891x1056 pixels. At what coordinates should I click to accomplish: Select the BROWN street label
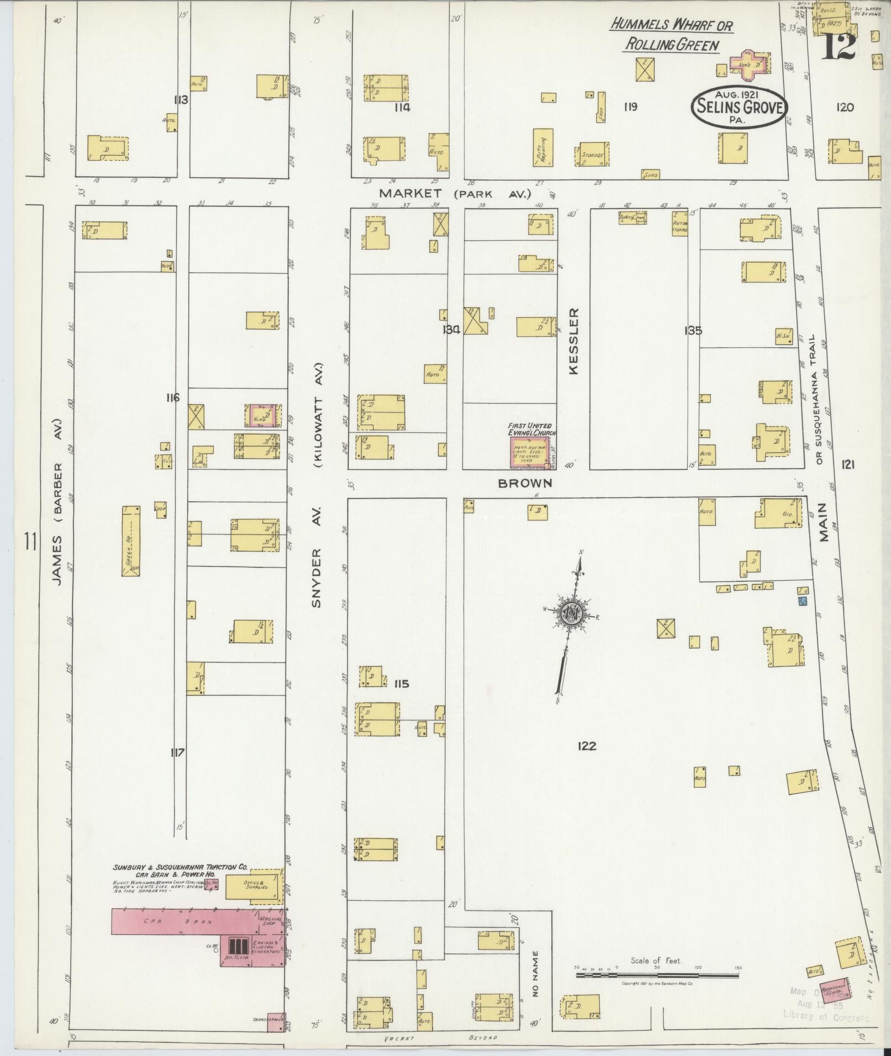pos(525,484)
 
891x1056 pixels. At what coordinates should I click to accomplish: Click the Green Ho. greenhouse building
pos(131,542)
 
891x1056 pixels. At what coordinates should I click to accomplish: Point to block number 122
pos(586,746)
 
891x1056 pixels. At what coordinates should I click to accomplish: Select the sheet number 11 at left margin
pos(30,542)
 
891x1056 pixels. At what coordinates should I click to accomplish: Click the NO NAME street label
pos(534,973)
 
